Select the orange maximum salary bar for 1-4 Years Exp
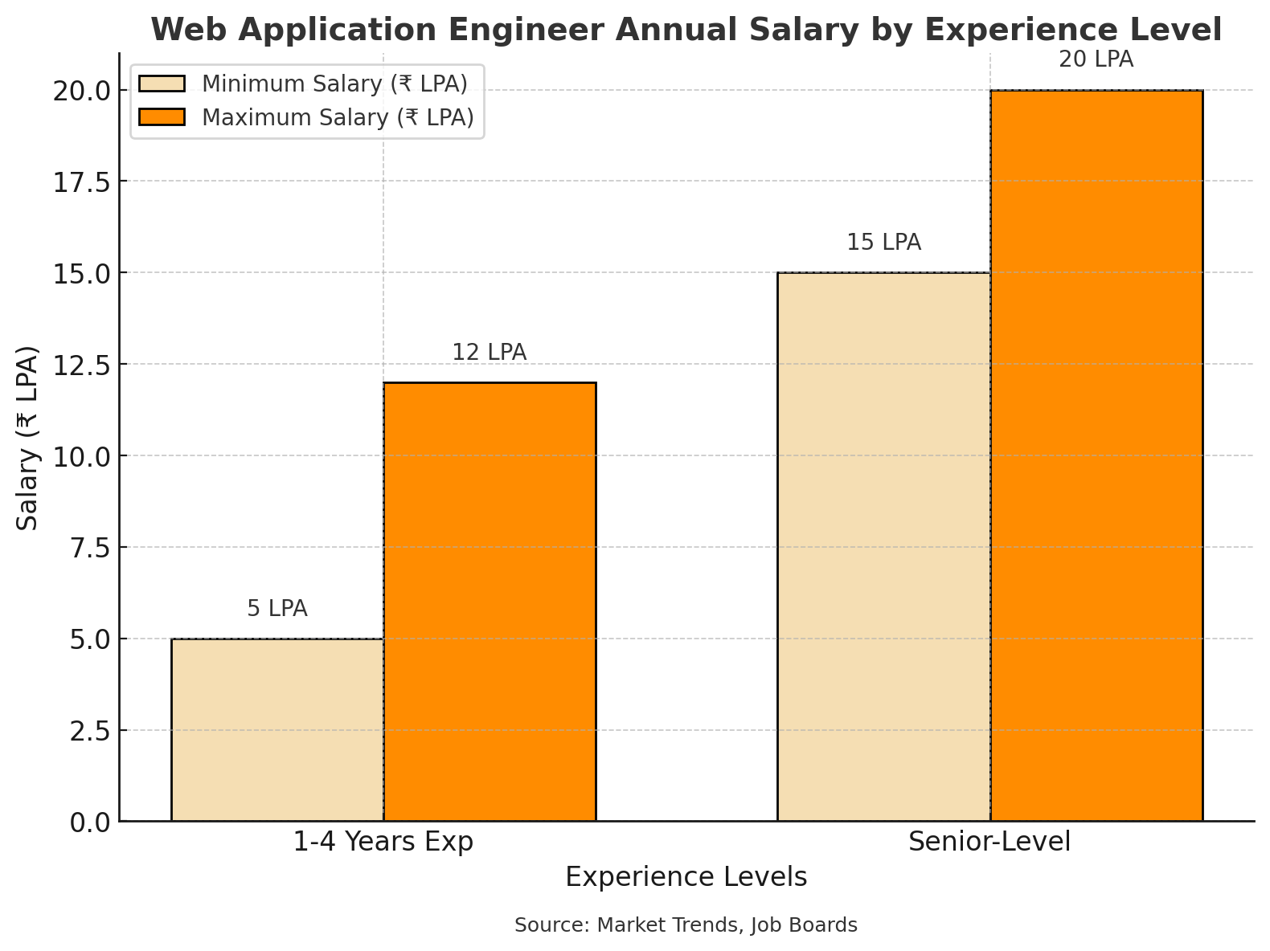pos(490,602)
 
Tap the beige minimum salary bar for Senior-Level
pos(883,546)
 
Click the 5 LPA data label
pos(277,609)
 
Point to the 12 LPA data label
pos(490,353)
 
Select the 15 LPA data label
pos(883,243)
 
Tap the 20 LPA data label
pos(1096,60)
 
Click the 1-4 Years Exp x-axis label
pos(383,842)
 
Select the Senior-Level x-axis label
pos(989,842)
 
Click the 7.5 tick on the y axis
pos(88,548)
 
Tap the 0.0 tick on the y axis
pos(88,822)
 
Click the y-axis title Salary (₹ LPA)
pos(28,438)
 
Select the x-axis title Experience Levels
pos(686,877)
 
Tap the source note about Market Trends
pos(686,925)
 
